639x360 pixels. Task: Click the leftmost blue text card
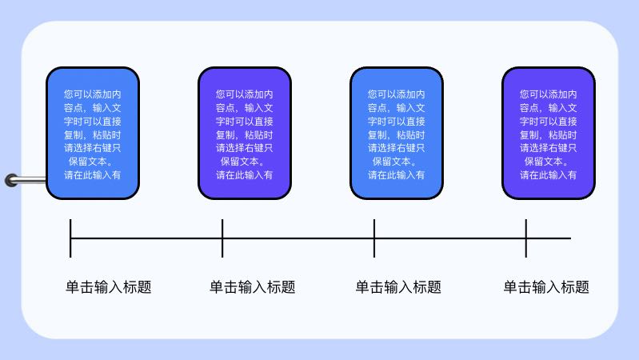(x=93, y=133)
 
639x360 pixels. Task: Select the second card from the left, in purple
(x=245, y=133)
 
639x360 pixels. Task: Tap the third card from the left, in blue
(x=397, y=133)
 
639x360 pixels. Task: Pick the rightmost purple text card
(x=549, y=133)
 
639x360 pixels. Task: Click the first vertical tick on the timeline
(x=70, y=238)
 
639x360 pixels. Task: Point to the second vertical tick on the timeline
(x=222, y=238)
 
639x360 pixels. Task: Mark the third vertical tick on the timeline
(x=374, y=238)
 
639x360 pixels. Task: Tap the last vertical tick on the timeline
(x=526, y=238)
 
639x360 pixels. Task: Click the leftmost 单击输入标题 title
(x=109, y=287)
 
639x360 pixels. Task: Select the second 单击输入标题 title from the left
(x=253, y=287)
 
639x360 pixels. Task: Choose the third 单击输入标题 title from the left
(x=398, y=287)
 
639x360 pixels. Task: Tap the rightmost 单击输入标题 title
(x=546, y=287)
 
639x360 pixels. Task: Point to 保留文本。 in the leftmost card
(x=93, y=161)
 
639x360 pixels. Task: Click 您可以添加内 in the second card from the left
(x=245, y=94)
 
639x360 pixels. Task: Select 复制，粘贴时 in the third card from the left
(x=397, y=134)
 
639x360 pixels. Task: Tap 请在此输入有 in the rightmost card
(x=549, y=174)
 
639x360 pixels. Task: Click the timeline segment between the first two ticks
(x=146, y=238)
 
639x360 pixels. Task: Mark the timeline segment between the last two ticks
(x=450, y=238)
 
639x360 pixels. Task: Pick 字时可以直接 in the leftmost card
(x=93, y=121)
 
